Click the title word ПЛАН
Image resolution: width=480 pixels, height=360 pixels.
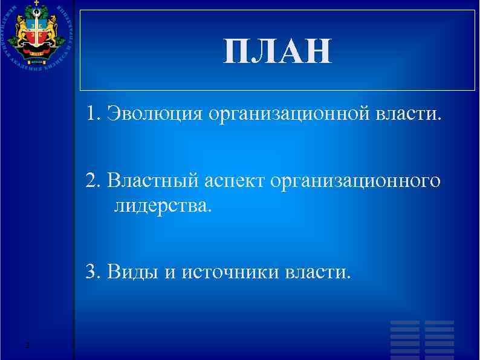277,52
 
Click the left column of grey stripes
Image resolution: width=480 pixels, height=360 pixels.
404,339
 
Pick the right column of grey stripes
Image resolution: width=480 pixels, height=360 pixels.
439,339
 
